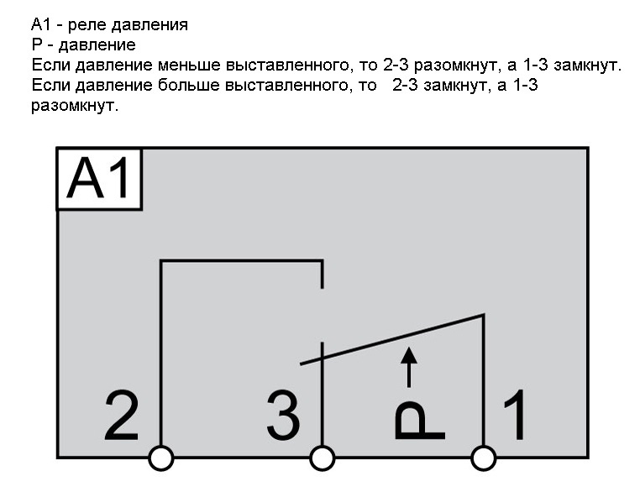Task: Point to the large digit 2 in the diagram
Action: click(x=122, y=416)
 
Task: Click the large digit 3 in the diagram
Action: click(x=283, y=416)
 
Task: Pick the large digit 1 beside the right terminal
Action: click(x=515, y=415)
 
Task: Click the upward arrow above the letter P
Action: click(x=409, y=367)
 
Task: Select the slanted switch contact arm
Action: click(x=392, y=339)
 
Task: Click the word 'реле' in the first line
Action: click(x=86, y=26)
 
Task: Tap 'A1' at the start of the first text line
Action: click(x=41, y=24)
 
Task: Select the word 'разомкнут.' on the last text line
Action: click(x=75, y=107)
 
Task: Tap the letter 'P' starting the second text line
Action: click(x=37, y=45)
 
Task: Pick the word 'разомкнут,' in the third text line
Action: click(x=456, y=66)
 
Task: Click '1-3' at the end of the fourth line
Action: click(x=525, y=86)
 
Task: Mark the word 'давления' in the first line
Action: click(x=150, y=26)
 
